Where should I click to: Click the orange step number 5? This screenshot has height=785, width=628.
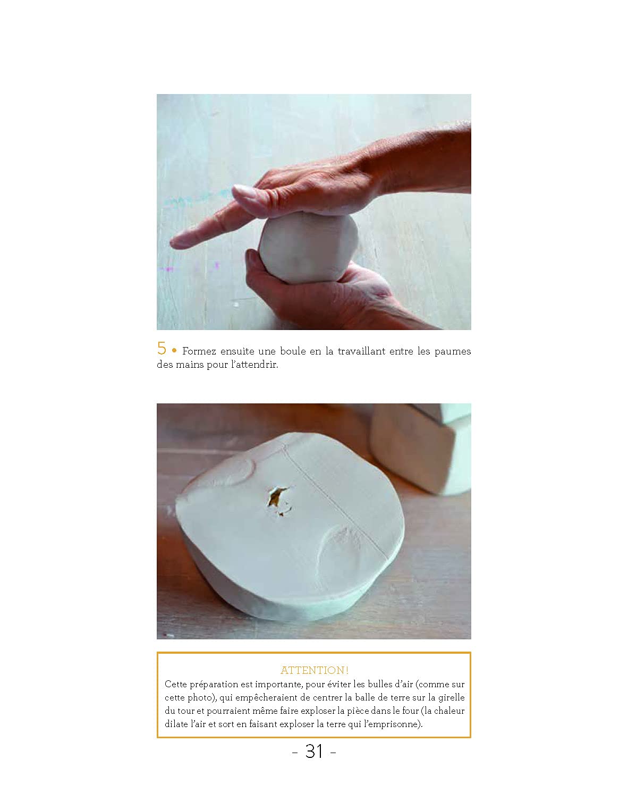tap(162, 348)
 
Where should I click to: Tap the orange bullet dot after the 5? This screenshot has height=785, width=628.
tap(174, 351)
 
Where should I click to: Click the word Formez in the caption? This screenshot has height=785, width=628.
tap(199, 351)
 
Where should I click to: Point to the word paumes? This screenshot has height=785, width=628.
tap(453, 352)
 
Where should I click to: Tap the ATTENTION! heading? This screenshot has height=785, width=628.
tap(315, 670)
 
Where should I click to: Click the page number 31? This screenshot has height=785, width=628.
tap(314, 752)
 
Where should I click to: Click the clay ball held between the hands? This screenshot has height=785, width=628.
tap(308, 249)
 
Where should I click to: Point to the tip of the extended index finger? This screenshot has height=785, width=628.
tap(172, 242)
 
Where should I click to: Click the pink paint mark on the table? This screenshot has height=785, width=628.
tap(168, 269)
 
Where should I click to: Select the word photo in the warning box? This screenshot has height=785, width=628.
tap(201, 698)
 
